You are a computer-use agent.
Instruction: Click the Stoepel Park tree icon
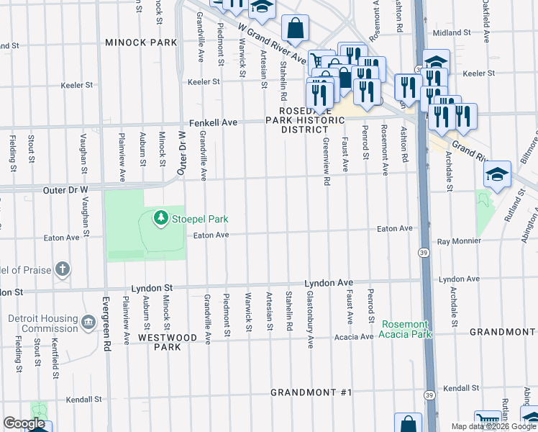coord(160,217)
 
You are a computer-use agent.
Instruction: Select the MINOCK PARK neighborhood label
coord(141,42)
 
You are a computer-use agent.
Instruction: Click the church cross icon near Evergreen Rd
coord(63,270)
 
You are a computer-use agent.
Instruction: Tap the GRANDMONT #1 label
coord(311,392)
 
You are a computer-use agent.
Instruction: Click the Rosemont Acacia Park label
coord(406,329)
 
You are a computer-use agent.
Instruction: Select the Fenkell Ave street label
coord(213,123)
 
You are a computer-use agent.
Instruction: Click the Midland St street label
coord(451,32)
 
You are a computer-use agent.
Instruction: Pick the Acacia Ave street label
coord(352,336)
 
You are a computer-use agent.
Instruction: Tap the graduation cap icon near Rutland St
coord(498,174)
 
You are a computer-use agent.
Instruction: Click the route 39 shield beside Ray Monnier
coord(424,252)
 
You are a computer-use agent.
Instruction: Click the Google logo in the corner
coord(24,423)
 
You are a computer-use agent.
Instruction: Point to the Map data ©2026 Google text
coord(493,426)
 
